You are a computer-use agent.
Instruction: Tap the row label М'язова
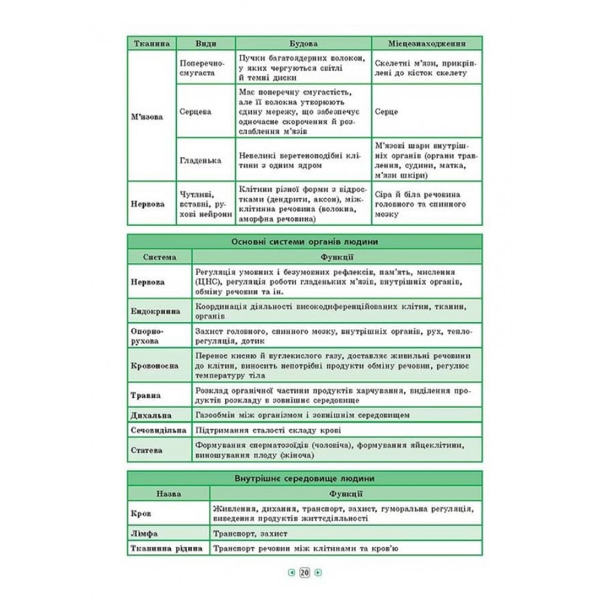[x=147, y=117]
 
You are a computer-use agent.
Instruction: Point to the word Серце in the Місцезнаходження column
[x=386, y=112]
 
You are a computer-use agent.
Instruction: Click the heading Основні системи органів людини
[x=304, y=241]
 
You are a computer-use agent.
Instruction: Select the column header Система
[x=160, y=257]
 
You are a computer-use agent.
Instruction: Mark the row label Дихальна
[x=151, y=415]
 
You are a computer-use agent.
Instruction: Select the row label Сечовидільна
[x=158, y=430]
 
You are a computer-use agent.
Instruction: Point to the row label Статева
[x=147, y=450]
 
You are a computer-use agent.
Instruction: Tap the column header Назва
[x=168, y=494]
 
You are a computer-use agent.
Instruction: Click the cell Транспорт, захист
[x=250, y=533]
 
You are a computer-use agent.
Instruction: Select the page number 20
[x=304, y=573]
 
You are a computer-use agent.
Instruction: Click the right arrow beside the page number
[x=318, y=573]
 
